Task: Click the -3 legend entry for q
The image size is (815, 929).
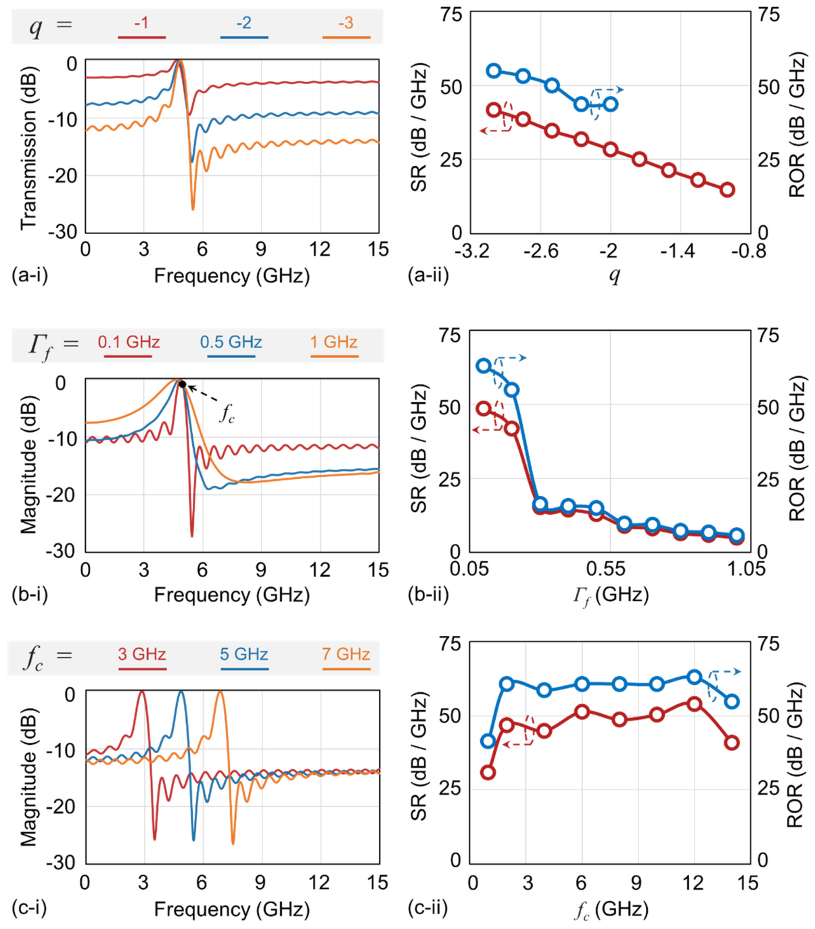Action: coord(346,22)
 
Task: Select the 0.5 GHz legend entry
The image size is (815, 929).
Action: coord(231,342)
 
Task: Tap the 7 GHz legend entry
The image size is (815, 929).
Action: coord(346,654)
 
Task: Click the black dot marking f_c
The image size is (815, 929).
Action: coord(182,384)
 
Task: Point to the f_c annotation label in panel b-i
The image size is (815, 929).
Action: coord(227,413)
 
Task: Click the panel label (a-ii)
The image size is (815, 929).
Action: coord(429,275)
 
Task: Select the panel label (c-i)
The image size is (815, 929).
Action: coord(29,908)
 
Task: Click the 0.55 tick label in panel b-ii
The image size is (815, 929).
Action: coord(610,569)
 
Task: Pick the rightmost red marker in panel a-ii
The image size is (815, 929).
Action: coord(728,189)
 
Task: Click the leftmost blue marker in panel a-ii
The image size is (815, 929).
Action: coord(494,70)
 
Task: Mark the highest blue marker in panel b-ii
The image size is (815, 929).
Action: coord(484,365)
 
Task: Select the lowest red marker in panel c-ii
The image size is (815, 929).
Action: coord(488,773)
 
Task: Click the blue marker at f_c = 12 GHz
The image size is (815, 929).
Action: coord(695,677)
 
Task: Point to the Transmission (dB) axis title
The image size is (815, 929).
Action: coord(28,146)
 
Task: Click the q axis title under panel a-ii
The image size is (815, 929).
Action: coord(615,275)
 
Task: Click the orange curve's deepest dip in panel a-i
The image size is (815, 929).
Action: coord(193,209)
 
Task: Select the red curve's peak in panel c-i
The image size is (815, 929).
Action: coord(141,692)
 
